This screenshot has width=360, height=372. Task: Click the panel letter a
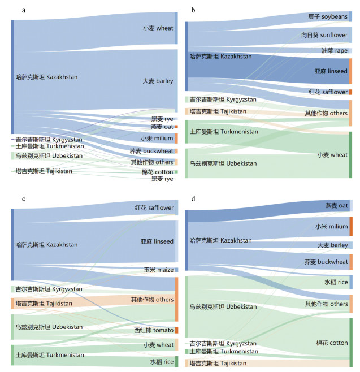pyautogui.click(x=24, y=10)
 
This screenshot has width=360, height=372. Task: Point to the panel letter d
pyautogui.click(x=193, y=198)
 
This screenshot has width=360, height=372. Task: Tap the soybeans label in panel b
pyautogui.click(x=328, y=16)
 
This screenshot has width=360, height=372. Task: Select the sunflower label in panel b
pyautogui.click(x=324, y=35)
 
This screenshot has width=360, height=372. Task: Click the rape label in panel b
pyautogui.click(x=335, y=50)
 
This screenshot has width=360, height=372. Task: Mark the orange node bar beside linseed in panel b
pyautogui.click(x=350, y=71)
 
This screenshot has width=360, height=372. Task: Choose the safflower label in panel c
pyautogui.click(x=154, y=208)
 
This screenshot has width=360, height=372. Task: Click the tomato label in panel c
pyautogui.click(x=154, y=330)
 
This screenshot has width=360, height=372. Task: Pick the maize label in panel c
pyautogui.click(x=159, y=270)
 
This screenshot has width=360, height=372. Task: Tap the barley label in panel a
pyautogui.click(x=158, y=81)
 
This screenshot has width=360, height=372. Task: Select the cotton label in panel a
pyautogui.click(x=157, y=172)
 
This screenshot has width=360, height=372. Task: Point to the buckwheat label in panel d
pyautogui.click(x=326, y=262)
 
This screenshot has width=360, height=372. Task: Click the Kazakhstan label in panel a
pyautogui.click(x=46, y=77)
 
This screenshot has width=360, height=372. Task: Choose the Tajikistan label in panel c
pyautogui.click(x=44, y=304)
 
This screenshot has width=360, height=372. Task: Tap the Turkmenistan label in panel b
pyautogui.click(x=224, y=132)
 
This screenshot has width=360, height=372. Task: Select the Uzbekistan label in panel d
pyautogui.click(x=223, y=307)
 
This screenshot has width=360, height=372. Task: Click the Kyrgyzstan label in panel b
pyautogui.click(x=223, y=100)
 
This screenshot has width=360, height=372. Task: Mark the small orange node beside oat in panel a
pyautogui.click(x=176, y=127)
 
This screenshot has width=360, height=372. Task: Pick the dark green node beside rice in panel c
pyautogui.click(x=177, y=362)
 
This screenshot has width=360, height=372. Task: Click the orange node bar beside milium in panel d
pyautogui.click(x=351, y=227)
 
